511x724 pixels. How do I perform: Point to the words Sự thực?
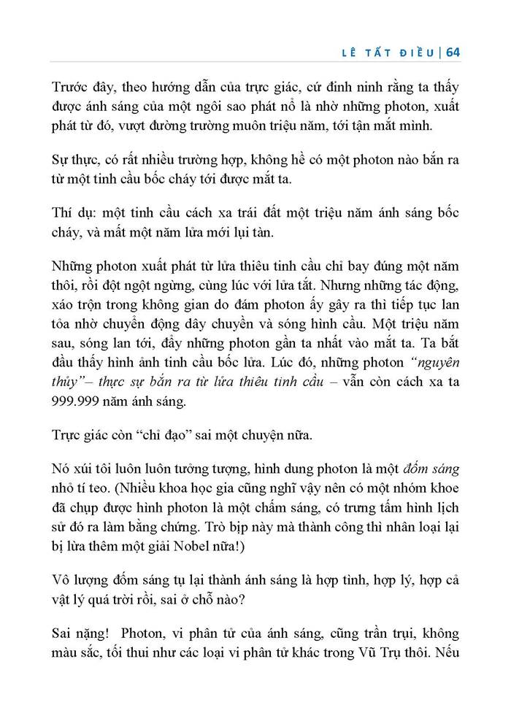click(73, 159)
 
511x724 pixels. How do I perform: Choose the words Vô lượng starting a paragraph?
click(80, 579)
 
